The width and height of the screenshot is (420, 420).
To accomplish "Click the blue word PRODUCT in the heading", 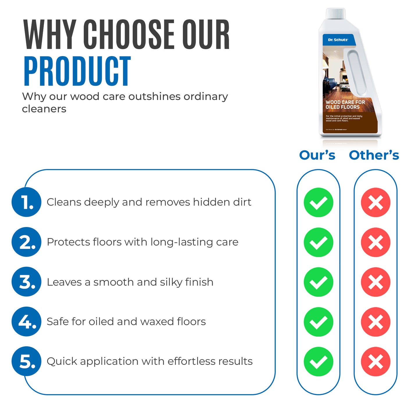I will tap(77, 72).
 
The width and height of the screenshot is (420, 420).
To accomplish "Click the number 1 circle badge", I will tap(26, 202).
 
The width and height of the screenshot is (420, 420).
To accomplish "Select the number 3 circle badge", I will tap(26, 282).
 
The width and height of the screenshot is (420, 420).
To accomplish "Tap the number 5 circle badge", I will tap(26, 361).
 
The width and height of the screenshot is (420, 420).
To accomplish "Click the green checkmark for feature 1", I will tap(318, 202).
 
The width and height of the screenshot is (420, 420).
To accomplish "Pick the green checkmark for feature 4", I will tap(318, 322).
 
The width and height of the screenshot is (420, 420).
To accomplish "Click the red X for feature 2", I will tap(376, 242).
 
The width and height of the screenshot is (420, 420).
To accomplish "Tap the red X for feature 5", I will tap(376, 361).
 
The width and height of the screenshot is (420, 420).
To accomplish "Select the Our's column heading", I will tap(317, 155).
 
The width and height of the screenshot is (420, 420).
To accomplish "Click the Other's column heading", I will tap(374, 155).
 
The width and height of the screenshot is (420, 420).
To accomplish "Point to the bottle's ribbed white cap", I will tap(336, 13).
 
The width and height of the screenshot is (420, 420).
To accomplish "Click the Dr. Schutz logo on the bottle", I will tap(338, 40).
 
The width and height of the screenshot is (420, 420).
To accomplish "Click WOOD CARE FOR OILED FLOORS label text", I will tap(345, 105).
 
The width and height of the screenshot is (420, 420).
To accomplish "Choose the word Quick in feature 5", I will tap(62, 361).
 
